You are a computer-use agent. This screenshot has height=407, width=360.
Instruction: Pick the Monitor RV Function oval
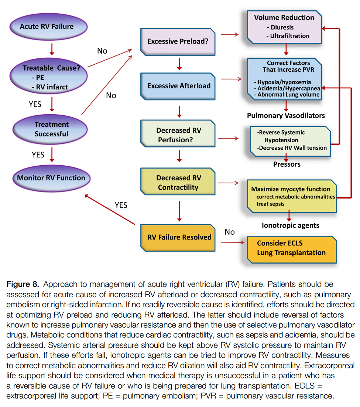(51, 178)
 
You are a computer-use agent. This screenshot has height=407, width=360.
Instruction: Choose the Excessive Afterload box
(179, 86)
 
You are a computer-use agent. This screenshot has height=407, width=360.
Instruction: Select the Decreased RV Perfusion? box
(179, 135)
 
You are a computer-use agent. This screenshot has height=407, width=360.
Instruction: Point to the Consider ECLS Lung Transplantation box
(291, 248)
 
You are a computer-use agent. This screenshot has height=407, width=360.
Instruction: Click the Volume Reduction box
(284, 27)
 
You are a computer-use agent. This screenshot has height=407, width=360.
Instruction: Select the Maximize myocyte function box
(291, 196)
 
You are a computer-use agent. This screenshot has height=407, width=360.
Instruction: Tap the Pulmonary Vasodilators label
(286, 116)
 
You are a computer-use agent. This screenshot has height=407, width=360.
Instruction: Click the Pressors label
(287, 164)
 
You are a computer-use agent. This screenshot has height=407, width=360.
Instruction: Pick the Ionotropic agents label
(291, 225)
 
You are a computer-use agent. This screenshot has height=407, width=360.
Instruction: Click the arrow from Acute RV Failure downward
(52, 48)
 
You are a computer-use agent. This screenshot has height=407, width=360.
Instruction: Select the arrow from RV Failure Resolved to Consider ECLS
(233, 242)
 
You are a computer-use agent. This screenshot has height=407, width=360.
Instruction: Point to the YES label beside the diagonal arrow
(121, 205)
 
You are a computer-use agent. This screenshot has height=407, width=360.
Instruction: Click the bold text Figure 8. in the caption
(23, 284)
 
